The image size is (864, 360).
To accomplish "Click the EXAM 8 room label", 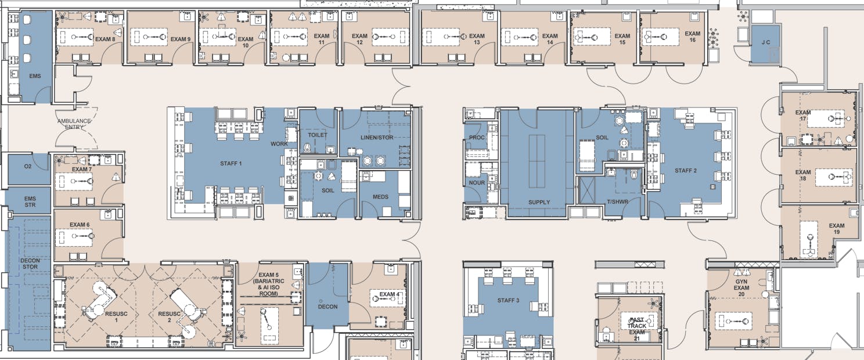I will click(106, 39).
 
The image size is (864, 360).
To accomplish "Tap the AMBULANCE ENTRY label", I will click(74, 124).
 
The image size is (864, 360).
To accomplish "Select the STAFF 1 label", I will click(231, 163).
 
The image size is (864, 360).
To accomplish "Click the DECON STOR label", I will click(30, 264).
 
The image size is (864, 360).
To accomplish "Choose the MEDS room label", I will click(381, 197).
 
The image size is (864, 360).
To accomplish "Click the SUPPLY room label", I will click(539, 202).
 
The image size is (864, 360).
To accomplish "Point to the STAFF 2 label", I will click(685, 171).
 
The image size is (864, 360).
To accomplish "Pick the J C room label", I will click(765, 43).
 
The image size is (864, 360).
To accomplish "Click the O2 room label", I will click(27, 167).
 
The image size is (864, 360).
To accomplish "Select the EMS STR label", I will click(30, 201).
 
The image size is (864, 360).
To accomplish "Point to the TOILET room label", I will click(318, 135).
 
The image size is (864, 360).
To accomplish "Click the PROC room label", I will click(477, 138).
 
